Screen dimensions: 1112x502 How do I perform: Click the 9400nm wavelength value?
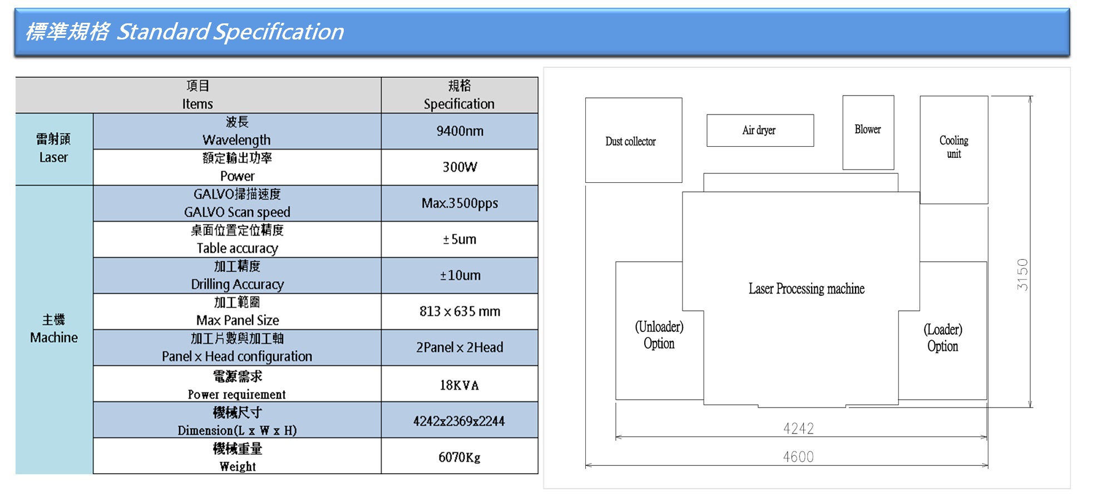coord(459,131)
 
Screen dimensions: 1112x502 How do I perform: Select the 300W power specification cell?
coord(459,167)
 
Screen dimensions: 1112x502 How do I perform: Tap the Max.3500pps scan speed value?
coord(459,203)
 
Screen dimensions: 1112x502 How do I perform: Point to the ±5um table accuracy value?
coord(459,240)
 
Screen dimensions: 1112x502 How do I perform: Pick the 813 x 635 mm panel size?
coord(459,311)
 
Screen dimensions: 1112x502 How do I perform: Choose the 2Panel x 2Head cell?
coord(459,347)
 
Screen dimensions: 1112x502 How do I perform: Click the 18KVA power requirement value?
coord(459,385)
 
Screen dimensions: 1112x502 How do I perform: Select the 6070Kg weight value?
coord(459,457)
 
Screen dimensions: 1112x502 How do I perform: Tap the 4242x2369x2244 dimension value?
coord(459,421)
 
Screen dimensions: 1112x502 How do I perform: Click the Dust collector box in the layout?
coord(634,140)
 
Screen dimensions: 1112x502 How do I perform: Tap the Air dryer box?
coord(760,131)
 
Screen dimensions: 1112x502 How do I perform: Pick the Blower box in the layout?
coord(868,132)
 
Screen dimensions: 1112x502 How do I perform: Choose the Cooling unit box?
coord(954,150)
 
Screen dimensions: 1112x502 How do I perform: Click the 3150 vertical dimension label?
coord(1022,275)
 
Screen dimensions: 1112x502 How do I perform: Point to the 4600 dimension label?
coord(798,457)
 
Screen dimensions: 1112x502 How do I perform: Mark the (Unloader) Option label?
coord(659,335)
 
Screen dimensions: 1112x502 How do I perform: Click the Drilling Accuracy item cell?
coord(238,276)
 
